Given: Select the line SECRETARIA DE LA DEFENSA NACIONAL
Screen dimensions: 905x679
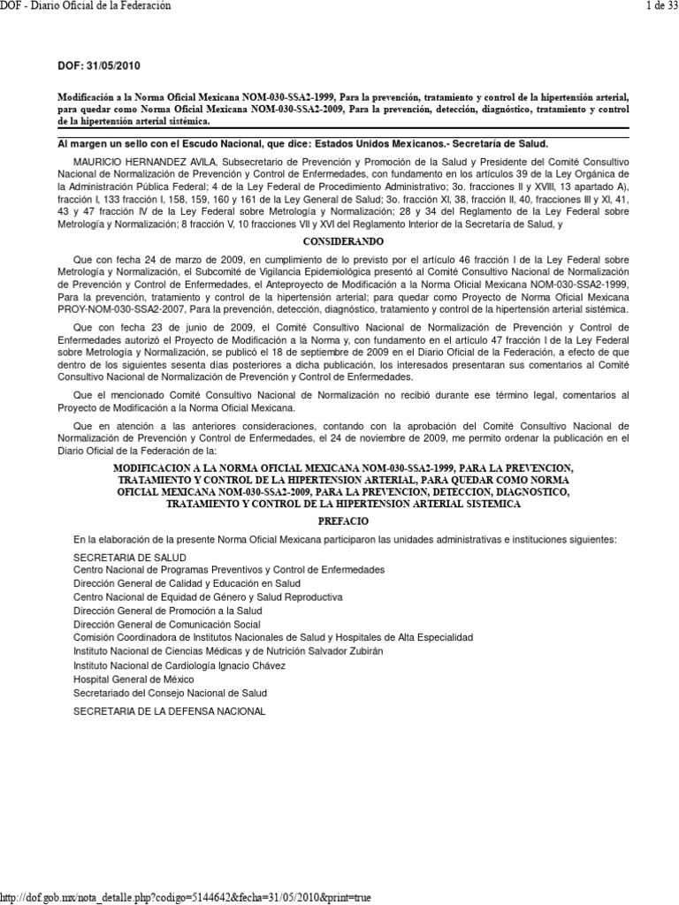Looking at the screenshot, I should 169,711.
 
